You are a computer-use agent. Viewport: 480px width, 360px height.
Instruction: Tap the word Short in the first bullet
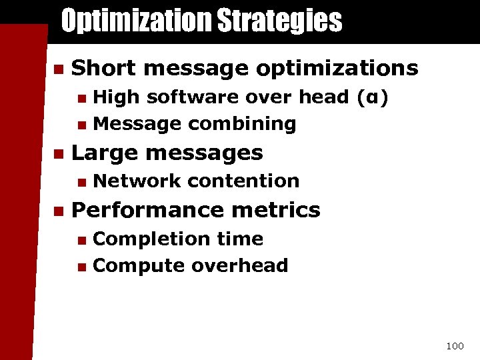[101, 68]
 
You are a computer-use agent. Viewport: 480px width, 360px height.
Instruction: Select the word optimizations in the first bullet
[337, 68]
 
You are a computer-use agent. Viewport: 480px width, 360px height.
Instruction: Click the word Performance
[137, 210]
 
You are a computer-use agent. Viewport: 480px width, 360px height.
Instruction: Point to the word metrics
[280, 210]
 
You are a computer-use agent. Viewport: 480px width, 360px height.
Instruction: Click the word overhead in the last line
[239, 265]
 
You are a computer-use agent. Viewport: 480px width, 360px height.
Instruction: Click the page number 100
[455, 346]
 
